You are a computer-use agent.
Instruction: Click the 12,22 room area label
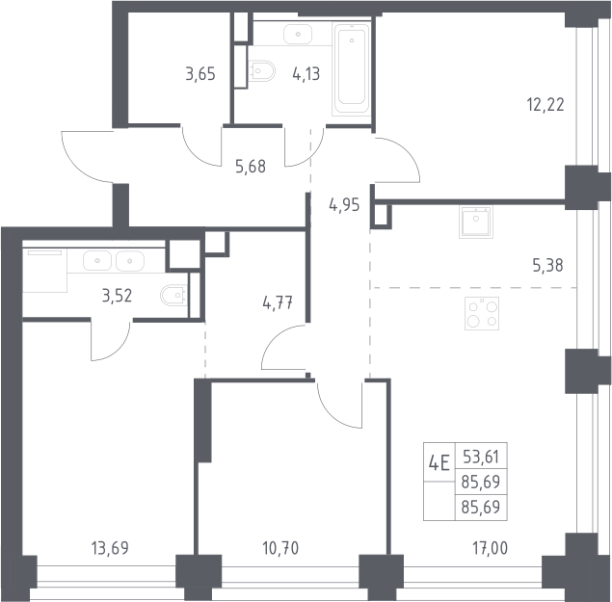(x=545, y=105)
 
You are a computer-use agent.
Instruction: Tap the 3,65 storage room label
(x=200, y=74)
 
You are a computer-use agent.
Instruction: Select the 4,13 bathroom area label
(x=306, y=74)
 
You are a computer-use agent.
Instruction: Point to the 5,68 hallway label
(x=251, y=167)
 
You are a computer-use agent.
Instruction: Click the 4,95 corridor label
(x=344, y=205)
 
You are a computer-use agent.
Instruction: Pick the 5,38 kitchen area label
(x=547, y=266)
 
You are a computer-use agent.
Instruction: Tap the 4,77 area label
(x=278, y=302)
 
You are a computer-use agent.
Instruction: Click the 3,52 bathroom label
(x=117, y=296)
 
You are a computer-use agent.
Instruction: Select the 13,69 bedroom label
(x=110, y=548)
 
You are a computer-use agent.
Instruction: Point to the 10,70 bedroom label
(x=280, y=548)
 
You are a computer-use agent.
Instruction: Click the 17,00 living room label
(x=491, y=548)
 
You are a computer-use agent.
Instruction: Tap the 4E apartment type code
(x=439, y=463)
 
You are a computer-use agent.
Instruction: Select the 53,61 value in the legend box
(x=481, y=457)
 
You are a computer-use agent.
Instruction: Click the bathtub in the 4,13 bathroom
(x=352, y=69)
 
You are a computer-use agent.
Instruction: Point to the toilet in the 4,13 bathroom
(x=261, y=71)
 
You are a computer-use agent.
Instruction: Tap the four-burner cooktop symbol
(x=482, y=314)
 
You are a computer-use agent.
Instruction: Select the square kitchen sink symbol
(x=476, y=222)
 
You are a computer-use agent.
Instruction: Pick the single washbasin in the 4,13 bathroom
(x=298, y=35)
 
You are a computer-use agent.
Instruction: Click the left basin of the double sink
(x=97, y=261)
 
